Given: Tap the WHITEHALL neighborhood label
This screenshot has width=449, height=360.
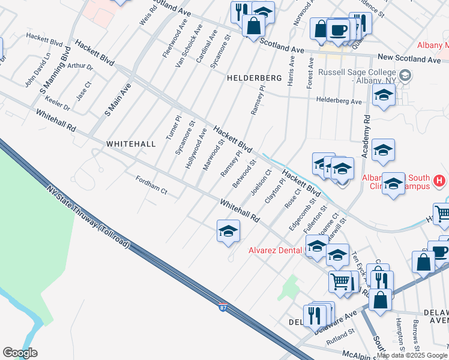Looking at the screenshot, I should pos(131,144).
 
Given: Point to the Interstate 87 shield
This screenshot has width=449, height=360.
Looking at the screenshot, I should pos(223,308).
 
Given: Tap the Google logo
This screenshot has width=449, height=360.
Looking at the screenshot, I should pos(20,353).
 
